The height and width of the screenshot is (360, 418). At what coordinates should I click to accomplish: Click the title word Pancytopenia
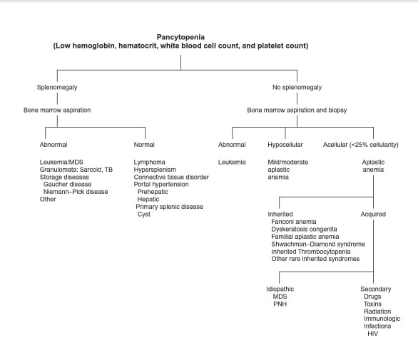(180, 37)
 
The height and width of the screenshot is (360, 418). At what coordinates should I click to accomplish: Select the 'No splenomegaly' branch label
(297, 87)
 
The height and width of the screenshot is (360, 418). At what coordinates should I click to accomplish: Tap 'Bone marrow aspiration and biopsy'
(297, 110)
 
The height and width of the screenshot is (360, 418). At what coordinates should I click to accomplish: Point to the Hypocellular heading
(285, 145)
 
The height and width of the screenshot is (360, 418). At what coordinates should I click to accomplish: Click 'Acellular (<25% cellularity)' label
(361, 145)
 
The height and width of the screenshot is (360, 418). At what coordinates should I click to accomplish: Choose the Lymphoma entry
(149, 162)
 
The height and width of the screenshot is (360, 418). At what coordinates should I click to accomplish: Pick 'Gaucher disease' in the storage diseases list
(67, 184)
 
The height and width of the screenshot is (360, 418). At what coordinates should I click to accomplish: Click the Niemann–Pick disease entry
(76, 192)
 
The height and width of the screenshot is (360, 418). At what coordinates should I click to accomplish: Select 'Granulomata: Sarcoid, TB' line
(76, 170)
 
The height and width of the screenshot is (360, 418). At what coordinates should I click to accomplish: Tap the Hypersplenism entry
(155, 170)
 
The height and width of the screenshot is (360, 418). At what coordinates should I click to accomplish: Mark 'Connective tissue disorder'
(171, 177)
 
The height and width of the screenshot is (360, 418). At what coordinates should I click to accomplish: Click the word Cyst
(143, 214)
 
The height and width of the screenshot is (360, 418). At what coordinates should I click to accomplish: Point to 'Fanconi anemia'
(293, 222)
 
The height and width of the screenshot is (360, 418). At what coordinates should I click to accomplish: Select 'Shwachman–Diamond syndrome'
(318, 244)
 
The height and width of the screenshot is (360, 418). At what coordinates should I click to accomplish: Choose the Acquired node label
(373, 214)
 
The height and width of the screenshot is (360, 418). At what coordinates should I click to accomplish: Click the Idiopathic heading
(280, 289)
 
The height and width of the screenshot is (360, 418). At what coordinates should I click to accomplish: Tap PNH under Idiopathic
(280, 304)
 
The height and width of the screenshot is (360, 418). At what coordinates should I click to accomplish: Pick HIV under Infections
(372, 334)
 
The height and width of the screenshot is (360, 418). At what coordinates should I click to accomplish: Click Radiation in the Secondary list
(377, 312)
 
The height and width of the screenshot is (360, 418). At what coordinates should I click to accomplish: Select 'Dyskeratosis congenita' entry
(304, 229)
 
